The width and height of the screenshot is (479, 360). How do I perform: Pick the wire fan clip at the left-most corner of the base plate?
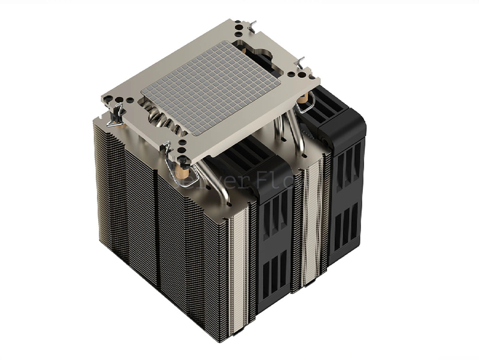114,117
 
